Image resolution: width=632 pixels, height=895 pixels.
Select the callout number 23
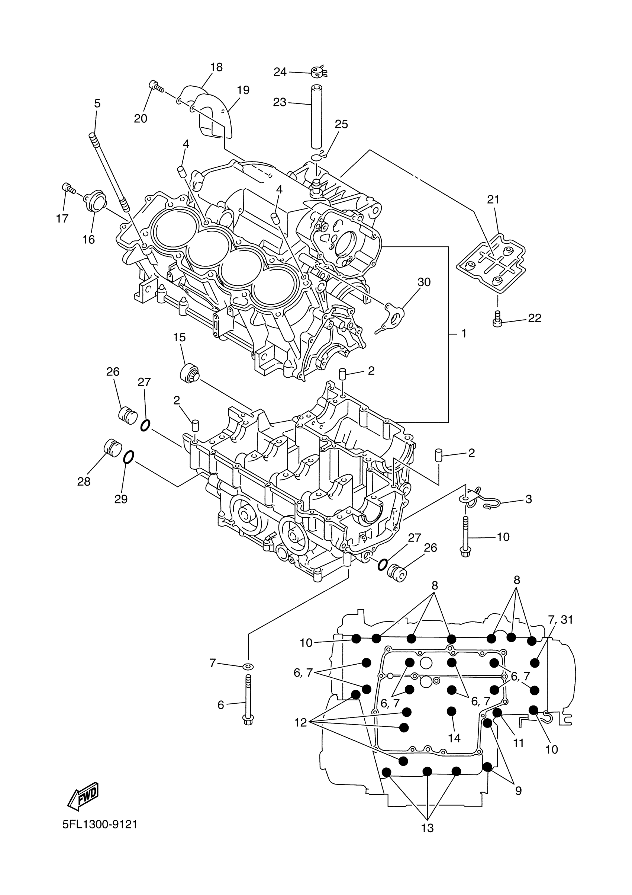(x=280, y=102)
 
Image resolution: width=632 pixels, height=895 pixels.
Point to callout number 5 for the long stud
(x=97, y=103)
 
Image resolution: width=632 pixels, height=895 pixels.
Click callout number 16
(x=88, y=239)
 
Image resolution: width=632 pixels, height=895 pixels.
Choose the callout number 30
(x=424, y=282)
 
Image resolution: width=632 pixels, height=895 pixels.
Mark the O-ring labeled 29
(x=129, y=457)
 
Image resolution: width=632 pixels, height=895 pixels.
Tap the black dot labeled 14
(x=451, y=712)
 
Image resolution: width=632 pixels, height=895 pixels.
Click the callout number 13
(x=427, y=828)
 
